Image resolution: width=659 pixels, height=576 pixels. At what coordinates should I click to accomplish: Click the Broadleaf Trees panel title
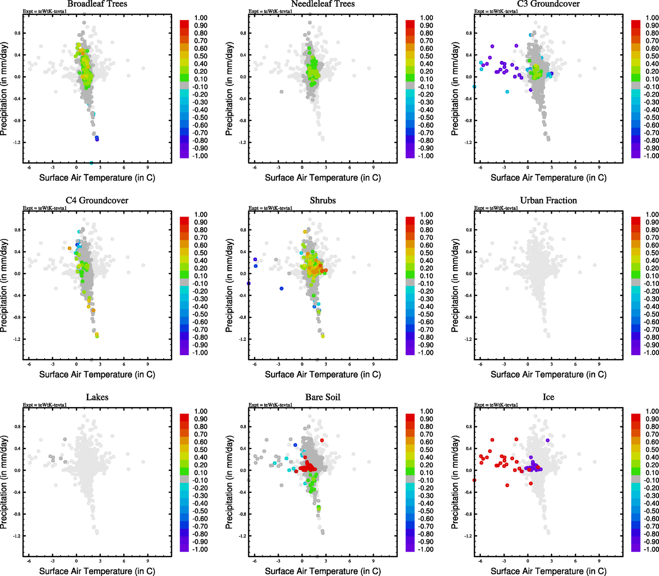(x=97, y=4)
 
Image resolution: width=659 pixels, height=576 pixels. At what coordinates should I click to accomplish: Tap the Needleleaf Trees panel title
(x=323, y=4)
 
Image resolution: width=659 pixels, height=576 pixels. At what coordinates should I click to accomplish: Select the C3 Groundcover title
(x=548, y=4)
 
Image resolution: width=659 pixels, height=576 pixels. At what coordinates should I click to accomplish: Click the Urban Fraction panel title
(x=548, y=200)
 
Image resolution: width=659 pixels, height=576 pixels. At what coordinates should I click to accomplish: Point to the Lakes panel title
(x=97, y=397)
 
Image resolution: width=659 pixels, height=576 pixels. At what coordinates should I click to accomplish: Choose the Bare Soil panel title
(x=323, y=397)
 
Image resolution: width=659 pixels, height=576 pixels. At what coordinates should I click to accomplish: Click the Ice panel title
(x=548, y=397)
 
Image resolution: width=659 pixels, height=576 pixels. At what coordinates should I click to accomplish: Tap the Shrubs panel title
(x=323, y=200)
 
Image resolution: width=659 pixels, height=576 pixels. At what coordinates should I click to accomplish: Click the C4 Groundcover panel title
(x=97, y=200)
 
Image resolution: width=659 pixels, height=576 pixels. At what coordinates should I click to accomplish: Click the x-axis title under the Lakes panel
(x=97, y=571)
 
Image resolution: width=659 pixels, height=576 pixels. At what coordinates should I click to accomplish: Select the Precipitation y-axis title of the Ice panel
(x=455, y=482)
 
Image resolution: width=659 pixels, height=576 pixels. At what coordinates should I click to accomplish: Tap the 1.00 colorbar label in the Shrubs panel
(x=427, y=215)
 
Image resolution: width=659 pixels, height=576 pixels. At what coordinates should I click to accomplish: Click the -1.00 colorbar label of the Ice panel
(x=651, y=549)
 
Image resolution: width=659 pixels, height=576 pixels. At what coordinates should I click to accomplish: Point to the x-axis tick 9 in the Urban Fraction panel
(x=599, y=364)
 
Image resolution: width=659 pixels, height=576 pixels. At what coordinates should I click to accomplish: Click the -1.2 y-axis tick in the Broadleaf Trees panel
(x=15, y=143)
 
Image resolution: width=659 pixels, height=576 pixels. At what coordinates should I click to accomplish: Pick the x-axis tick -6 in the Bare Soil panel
(x=254, y=561)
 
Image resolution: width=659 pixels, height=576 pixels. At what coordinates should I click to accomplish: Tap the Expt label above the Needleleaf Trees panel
(x=270, y=12)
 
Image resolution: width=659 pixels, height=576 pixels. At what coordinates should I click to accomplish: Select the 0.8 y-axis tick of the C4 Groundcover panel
(x=16, y=230)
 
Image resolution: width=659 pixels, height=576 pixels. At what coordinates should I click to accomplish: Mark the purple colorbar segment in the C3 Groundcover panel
(x=636, y=152)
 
